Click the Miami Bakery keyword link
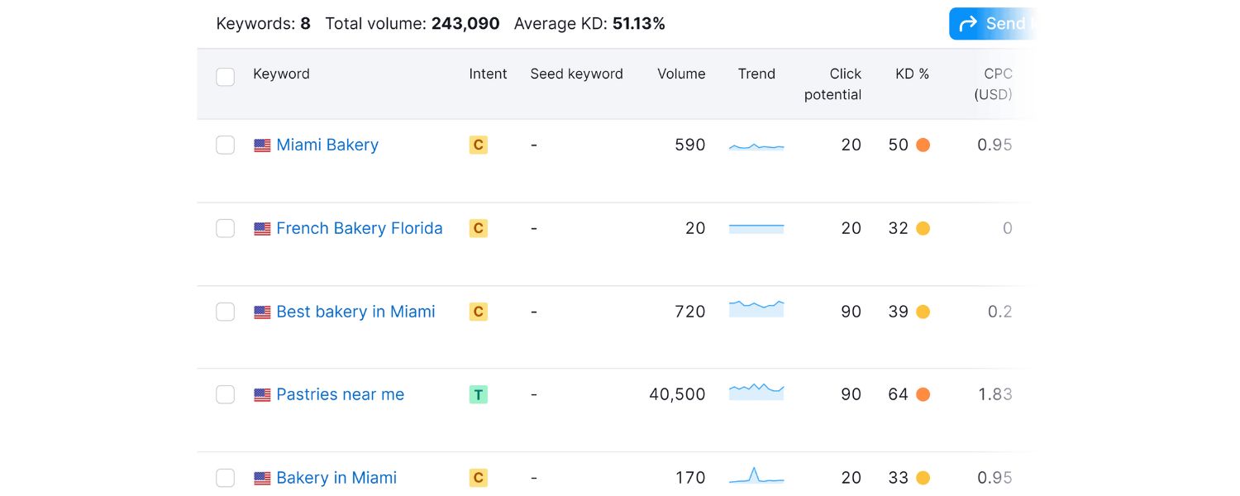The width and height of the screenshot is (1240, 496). [x=327, y=145]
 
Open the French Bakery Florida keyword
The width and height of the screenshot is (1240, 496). [x=359, y=228]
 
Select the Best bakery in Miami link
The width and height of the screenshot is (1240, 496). [x=355, y=312]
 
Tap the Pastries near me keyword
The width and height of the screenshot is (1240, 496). [x=340, y=394]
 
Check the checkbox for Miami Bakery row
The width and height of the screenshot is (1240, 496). [x=225, y=145]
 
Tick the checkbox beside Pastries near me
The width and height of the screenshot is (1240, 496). [x=225, y=394]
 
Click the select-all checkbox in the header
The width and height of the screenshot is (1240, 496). [x=225, y=77]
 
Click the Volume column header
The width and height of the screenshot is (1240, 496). [x=681, y=74]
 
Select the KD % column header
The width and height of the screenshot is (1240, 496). [x=912, y=74]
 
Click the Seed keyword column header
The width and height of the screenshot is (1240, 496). [x=576, y=74]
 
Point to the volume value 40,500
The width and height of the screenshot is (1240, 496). [x=677, y=394]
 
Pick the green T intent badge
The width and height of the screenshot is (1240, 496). [x=478, y=394]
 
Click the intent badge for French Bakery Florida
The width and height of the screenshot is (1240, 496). [x=478, y=228]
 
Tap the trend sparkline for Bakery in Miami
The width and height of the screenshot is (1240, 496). [x=756, y=476]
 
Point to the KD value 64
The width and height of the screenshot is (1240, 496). [x=898, y=394]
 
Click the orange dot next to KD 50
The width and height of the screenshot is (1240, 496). [x=923, y=145]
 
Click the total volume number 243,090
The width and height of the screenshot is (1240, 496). [x=465, y=24]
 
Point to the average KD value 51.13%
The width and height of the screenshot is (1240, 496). [x=638, y=24]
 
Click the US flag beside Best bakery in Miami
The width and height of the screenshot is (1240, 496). [x=262, y=312]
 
